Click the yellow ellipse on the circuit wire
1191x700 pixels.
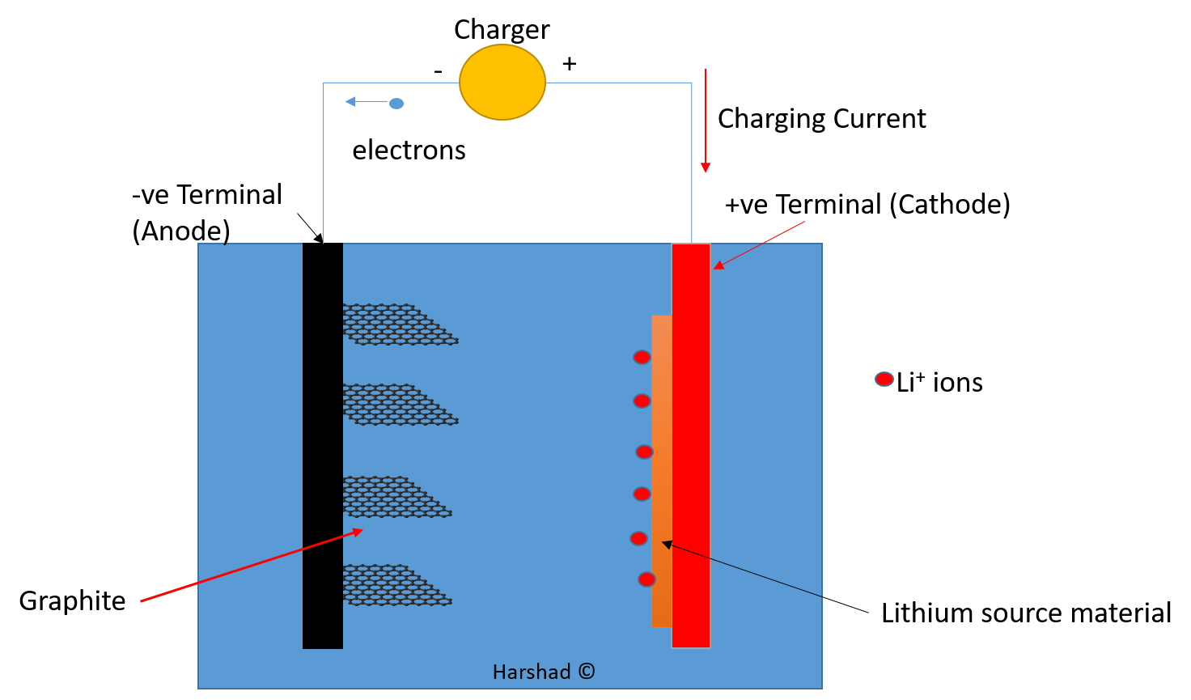(502, 82)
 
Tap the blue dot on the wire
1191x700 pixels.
(396, 104)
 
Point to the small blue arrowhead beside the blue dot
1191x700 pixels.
(350, 102)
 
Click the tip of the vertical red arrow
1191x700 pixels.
(706, 171)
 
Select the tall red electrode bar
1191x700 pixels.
(691, 445)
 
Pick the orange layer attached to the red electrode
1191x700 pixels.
(661, 469)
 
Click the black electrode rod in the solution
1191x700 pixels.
(323, 445)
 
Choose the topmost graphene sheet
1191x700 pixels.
(396, 325)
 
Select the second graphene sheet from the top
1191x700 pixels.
(396, 405)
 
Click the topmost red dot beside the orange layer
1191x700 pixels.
(642, 357)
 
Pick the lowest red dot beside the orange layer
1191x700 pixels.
(646, 579)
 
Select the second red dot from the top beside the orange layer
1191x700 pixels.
(642, 401)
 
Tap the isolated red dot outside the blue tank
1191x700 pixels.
(884, 379)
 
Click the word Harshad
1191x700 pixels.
(532, 672)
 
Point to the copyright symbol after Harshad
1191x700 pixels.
(587, 672)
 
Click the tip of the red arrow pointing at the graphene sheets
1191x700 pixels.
(361, 530)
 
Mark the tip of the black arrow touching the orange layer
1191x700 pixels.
(663, 543)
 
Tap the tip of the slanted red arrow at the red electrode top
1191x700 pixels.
(714, 268)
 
